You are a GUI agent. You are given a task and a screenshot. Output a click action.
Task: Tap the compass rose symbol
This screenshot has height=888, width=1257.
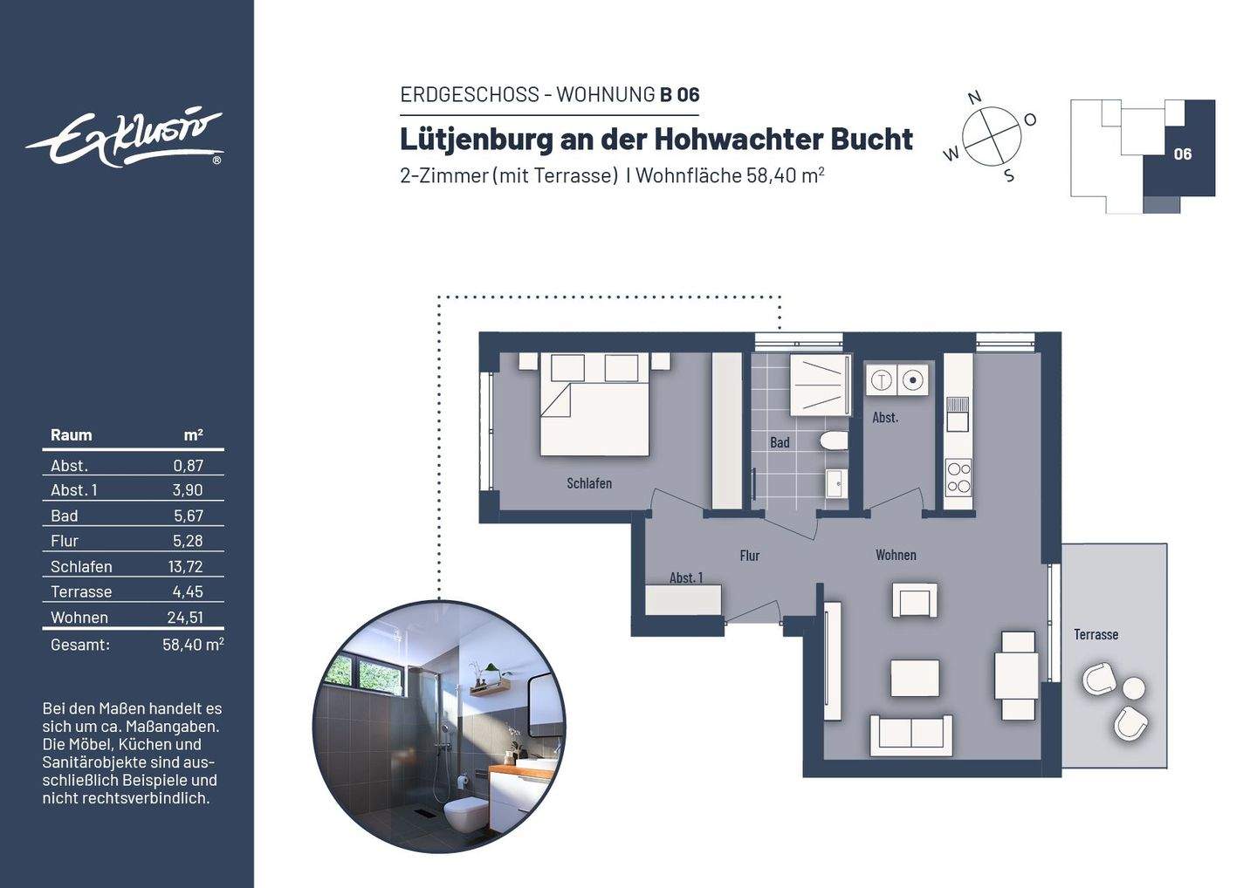pos(992,137)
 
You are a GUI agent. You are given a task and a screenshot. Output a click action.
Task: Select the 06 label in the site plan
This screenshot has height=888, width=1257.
pos(1182,154)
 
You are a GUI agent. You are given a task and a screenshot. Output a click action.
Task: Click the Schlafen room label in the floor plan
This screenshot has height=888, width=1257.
pos(589,483)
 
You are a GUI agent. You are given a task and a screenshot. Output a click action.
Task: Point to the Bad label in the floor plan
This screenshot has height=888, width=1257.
pos(780,443)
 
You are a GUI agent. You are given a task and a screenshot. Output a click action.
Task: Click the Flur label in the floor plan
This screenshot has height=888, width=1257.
pos(749,556)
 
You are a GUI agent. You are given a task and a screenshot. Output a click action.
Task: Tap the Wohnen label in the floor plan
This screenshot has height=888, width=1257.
pos(896,555)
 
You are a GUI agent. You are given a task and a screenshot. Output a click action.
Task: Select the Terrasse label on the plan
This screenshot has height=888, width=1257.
pos(1096,635)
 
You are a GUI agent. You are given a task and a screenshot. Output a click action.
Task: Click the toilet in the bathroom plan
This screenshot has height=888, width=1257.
pos(834,441)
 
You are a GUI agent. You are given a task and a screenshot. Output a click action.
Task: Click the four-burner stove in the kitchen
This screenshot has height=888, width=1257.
pos(958,477)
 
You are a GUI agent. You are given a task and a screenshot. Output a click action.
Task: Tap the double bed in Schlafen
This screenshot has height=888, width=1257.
pos(594,404)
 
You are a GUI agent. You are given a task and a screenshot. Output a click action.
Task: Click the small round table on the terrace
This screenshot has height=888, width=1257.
pos(1134,688)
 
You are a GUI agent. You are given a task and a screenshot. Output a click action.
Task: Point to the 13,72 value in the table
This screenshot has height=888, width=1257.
pos(185,567)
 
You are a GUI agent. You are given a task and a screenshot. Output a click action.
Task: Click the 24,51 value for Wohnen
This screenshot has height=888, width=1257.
pos(185,618)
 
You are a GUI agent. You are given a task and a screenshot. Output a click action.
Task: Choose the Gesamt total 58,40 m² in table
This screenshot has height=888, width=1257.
pos(192,646)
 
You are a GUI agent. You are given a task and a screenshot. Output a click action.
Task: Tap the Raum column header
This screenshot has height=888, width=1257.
pos(71,435)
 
